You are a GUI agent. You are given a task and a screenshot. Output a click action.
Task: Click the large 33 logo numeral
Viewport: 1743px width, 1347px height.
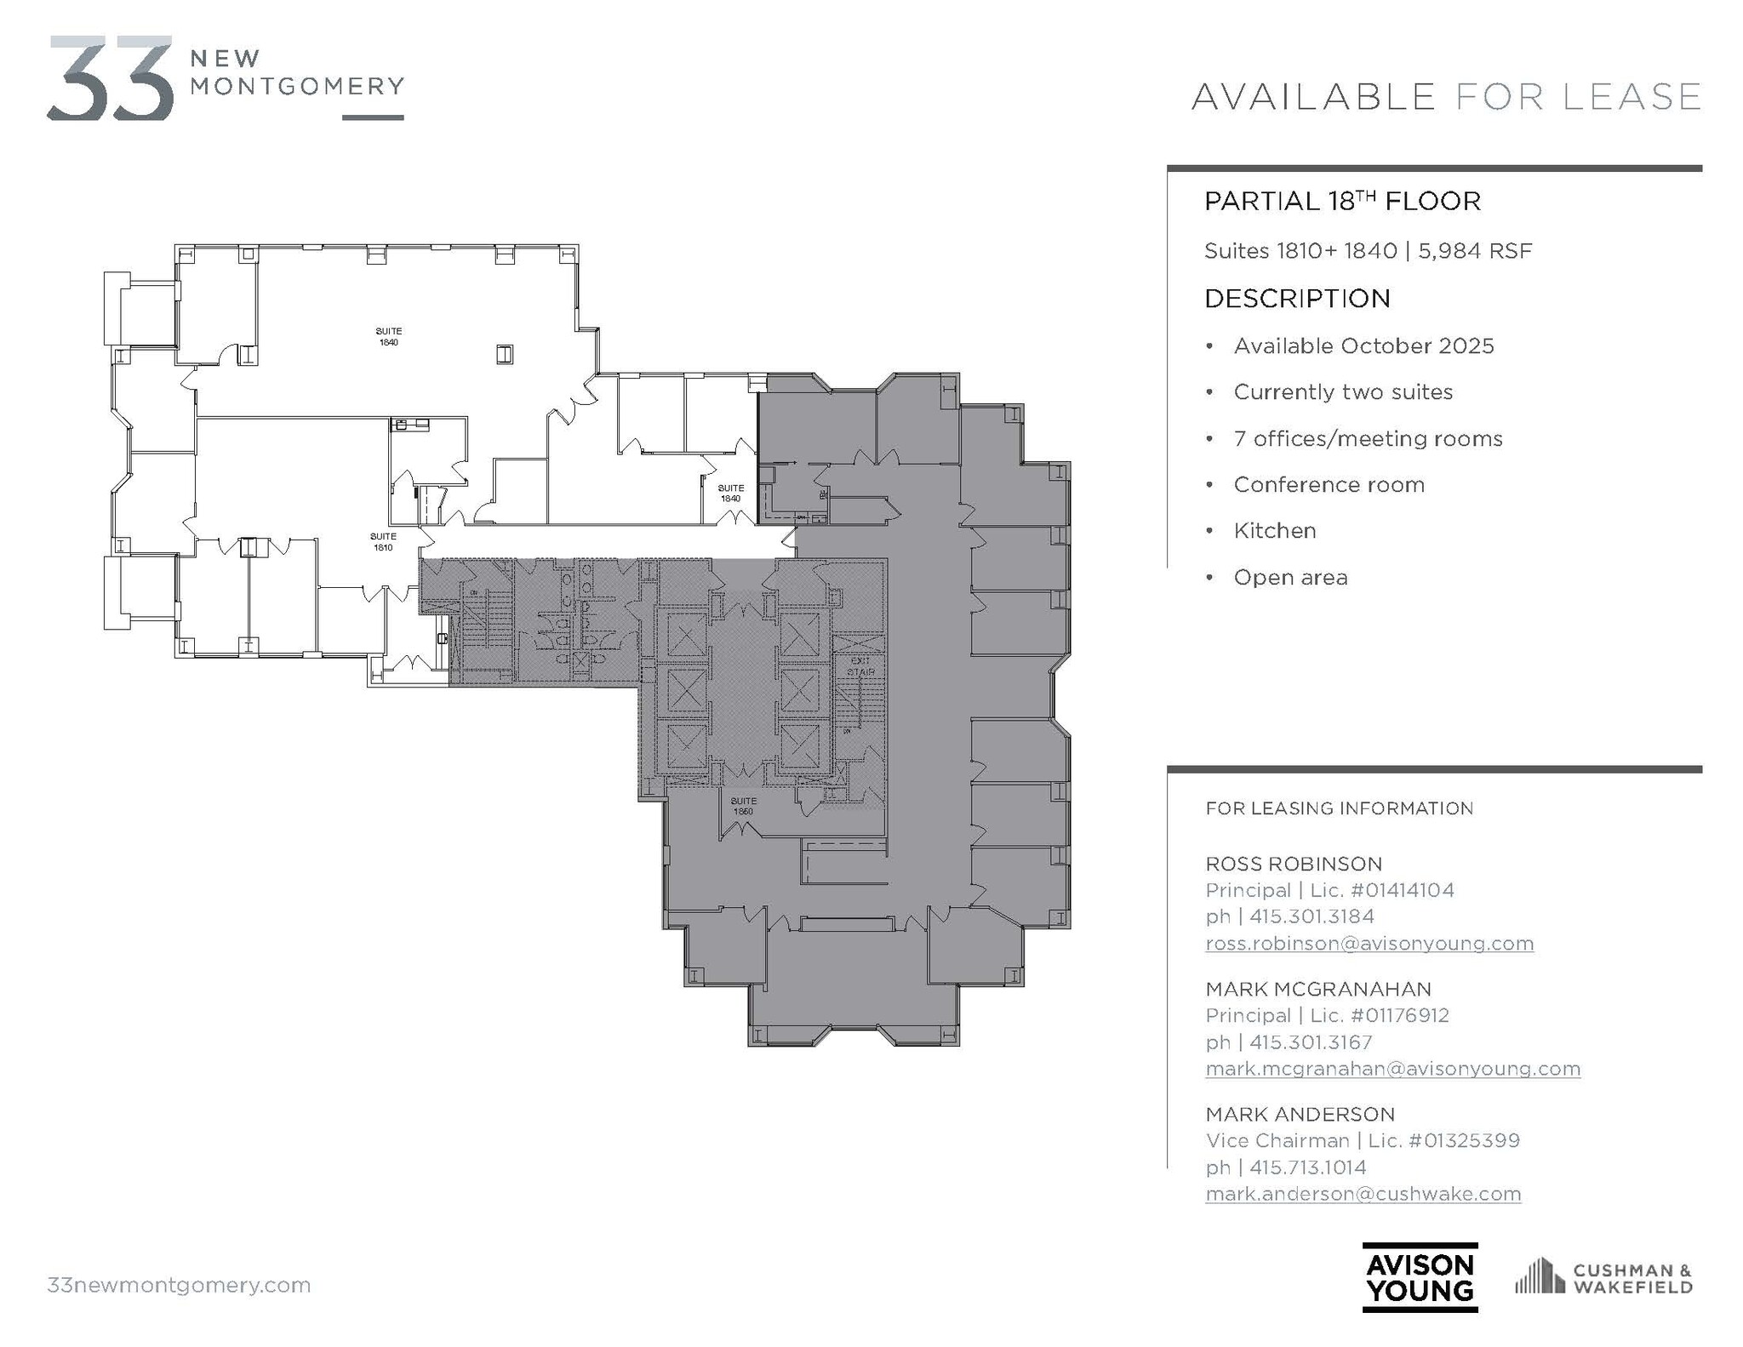[111, 78]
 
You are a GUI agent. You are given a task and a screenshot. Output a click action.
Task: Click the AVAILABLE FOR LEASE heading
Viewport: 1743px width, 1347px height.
[1445, 96]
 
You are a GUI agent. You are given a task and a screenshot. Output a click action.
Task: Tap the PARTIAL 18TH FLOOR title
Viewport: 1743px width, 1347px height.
[1342, 202]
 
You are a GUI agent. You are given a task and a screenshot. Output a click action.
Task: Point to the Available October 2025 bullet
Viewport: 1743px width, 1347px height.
[1363, 346]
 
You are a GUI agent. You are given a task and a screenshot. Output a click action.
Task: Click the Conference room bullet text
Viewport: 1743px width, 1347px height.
[1329, 485]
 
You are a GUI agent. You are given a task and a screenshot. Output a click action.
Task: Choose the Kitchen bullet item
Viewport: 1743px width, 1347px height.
[1274, 531]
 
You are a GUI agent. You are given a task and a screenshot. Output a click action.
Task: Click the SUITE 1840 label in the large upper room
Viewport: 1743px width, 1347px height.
[389, 337]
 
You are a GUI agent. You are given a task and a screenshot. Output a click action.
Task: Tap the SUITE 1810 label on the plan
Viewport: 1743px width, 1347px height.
[383, 542]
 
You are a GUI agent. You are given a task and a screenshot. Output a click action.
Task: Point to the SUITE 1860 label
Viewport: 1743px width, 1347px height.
[743, 806]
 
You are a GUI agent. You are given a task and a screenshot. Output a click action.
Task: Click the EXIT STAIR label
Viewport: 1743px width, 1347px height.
[860, 666]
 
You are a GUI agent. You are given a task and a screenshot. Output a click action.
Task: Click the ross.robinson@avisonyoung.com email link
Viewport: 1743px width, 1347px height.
[1369, 944]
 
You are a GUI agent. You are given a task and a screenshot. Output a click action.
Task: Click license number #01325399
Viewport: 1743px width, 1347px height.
[1464, 1141]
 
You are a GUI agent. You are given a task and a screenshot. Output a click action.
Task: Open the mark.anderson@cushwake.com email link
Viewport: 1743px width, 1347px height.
[1363, 1194]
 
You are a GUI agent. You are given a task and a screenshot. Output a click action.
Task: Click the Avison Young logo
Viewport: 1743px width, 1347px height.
[1419, 1277]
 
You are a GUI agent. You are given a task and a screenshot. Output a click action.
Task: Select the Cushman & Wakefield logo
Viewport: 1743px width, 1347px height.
[1603, 1278]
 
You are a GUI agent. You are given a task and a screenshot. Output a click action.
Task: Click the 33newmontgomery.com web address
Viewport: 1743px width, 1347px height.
[179, 1285]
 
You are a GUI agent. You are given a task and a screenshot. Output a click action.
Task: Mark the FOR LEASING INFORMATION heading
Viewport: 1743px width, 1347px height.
[1339, 808]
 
